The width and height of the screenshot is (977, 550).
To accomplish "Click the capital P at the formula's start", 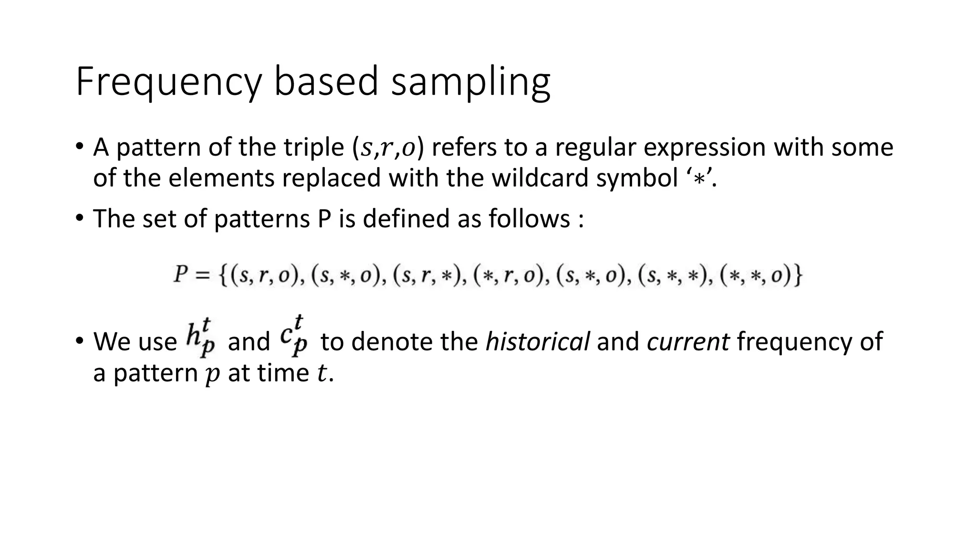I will pyautogui.click(x=180, y=275).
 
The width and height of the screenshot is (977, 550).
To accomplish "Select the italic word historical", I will pyautogui.click(x=537, y=342).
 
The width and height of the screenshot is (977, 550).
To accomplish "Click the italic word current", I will pyautogui.click(x=688, y=342).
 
